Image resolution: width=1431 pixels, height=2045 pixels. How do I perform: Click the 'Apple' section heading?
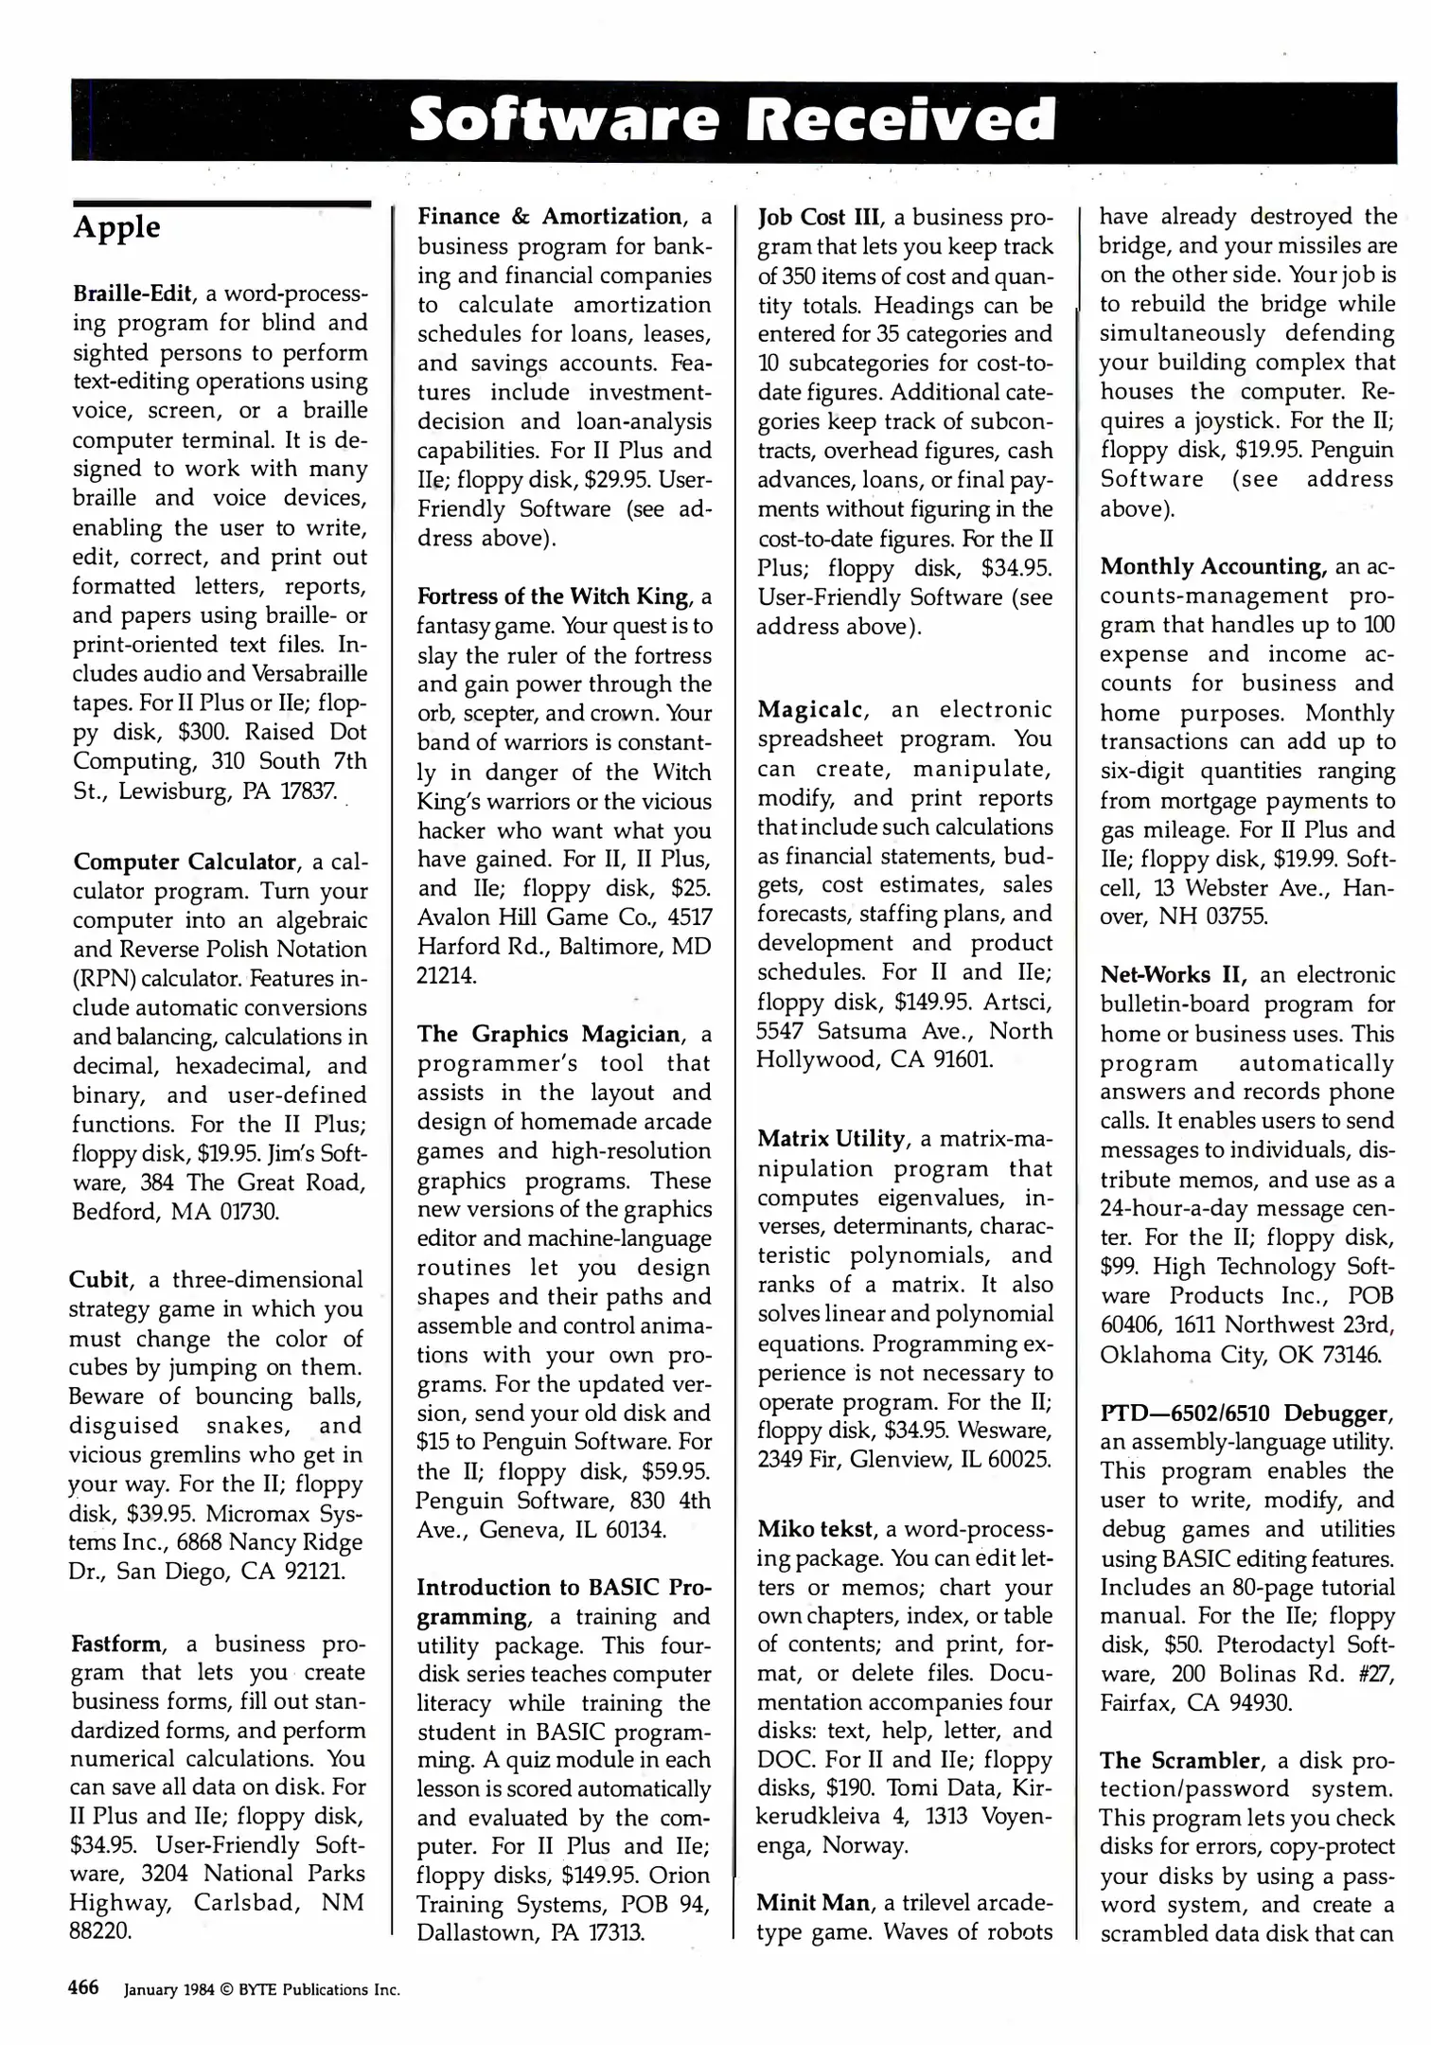click(116, 228)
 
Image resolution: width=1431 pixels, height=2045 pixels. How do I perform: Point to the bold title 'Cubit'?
click(99, 1280)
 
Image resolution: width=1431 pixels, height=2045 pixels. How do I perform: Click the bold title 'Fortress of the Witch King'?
click(553, 596)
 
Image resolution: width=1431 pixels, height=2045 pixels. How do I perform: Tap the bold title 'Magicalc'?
click(811, 710)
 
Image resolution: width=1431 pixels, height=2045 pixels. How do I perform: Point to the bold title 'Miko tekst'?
click(816, 1529)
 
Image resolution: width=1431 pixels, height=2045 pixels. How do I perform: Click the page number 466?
click(84, 1988)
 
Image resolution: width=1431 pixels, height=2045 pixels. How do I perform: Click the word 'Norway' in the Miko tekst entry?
click(865, 1845)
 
